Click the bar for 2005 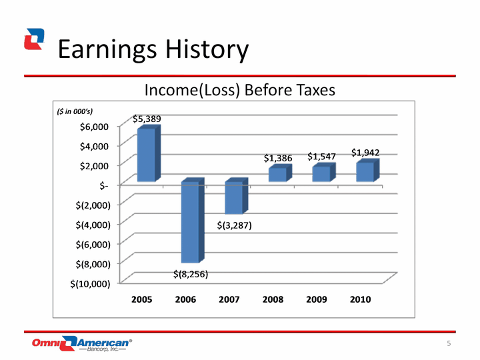pyautogui.click(x=149, y=154)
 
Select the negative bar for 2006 pyautogui.click(x=193, y=220)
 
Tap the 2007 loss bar pyautogui.click(x=236, y=196)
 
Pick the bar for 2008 pyautogui.click(x=280, y=173)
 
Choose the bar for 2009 pyautogui.click(x=324, y=172)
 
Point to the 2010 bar pyautogui.click(x=367, y=170)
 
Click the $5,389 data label pyautogui.click(x=147, y=119)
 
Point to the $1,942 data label pyautogui.click(x=365, y=153)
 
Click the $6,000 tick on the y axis pyautogui.click(x=94, y=127)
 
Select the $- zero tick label pyautogui.click(x=104, y=185)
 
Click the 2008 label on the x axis pyautogui.click(x=273, y=299)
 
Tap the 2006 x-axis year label pyautogui.click(x=185, y=299)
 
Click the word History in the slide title pyautogui.click(x=207, y=49)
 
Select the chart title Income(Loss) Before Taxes pyautogui.click(x=240, y=90)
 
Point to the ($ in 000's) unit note pyautogui.click(x=75, y=111)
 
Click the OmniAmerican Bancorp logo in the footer pyautogui.click(x=82, y=343)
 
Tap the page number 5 pyautogui.click(x=449, y=343)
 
